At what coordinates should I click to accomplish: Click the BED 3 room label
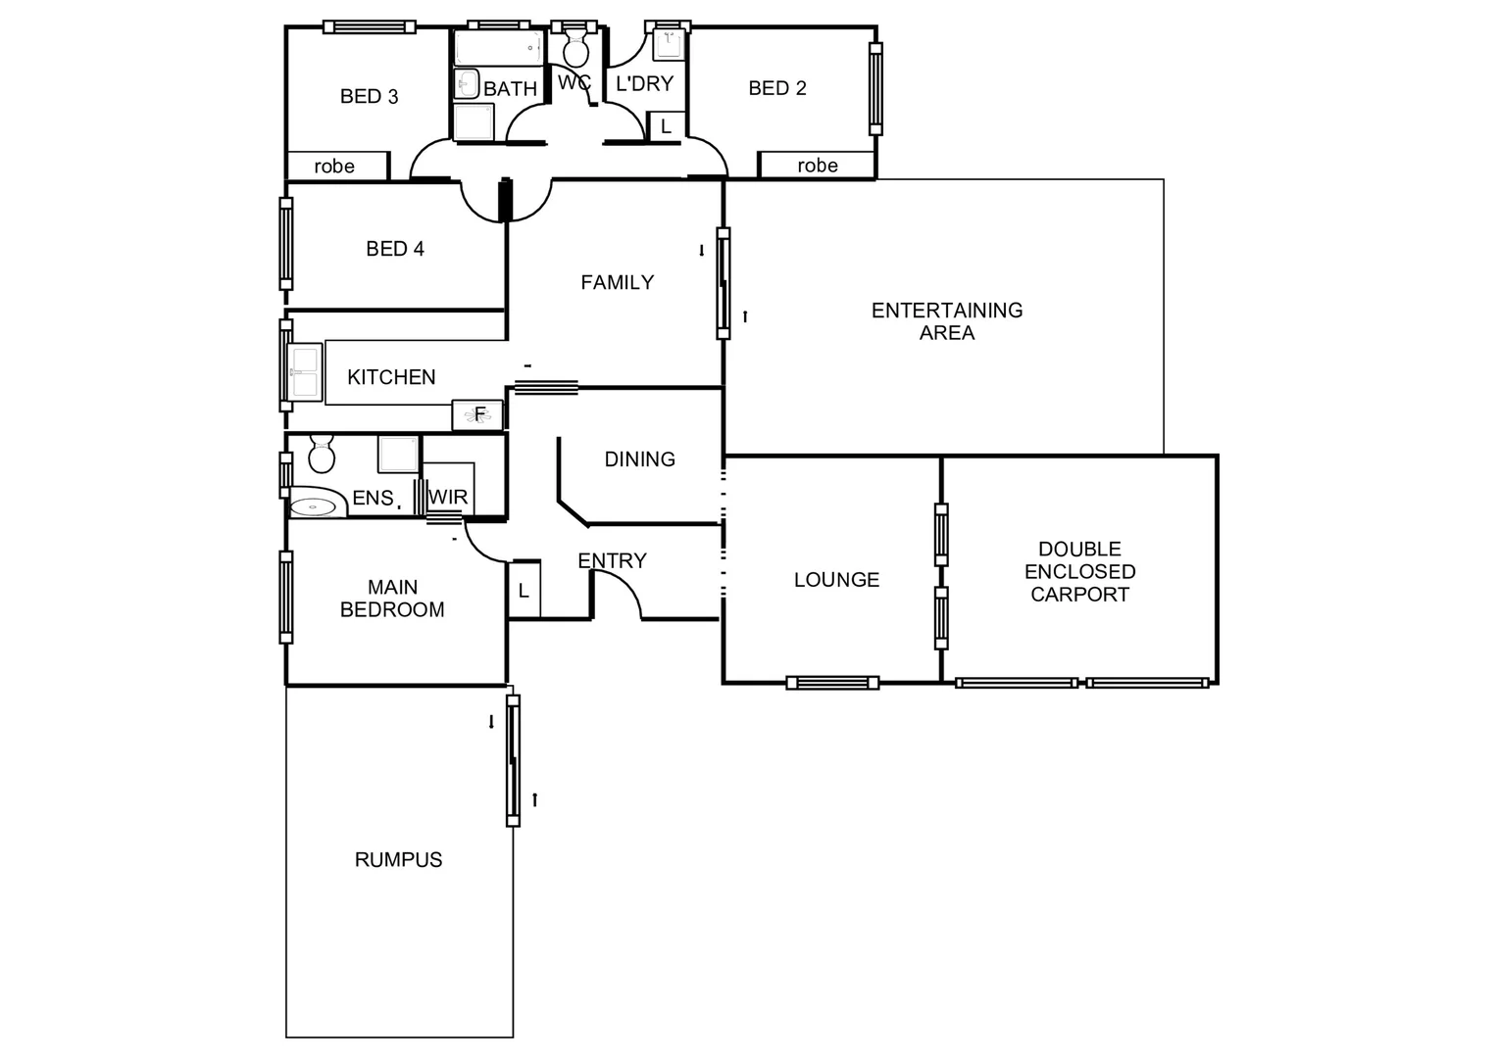click(369, 96)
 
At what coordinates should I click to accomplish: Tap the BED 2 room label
click(776, 88)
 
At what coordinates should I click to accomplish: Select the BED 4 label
click(394, 249)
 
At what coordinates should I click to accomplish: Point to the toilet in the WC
click(575, 47)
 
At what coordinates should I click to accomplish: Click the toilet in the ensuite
click(322, 455)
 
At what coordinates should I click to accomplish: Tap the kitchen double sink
click(305, 371)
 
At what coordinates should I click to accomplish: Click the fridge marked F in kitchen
click(477, 414)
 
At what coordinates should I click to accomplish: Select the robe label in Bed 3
click(334, 167)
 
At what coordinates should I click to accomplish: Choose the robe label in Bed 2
click(817, 166)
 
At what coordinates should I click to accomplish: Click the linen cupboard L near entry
click(524, 590)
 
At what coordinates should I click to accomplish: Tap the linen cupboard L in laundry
click(666, 126)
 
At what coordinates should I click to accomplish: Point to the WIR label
click(448, 498)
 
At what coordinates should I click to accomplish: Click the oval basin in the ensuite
click(317, 506)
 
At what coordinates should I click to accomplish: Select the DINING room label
click(639, 458)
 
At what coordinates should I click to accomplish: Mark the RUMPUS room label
click(398, 859)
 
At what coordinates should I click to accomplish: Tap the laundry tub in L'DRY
click(668, 42)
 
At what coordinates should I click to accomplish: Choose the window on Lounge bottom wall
click(832, 683)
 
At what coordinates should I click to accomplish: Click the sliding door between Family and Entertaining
click(724, 283)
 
